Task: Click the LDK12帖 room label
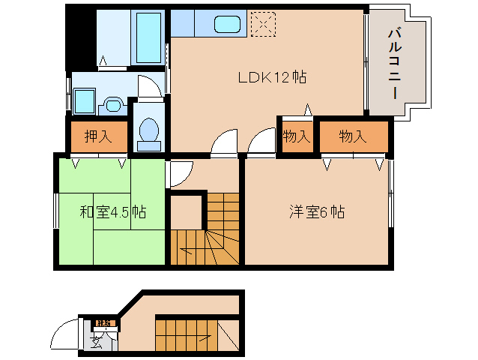coord(270,76)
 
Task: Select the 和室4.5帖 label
coord(112,212)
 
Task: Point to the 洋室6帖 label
coord(317,212)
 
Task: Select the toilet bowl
coord(149,130)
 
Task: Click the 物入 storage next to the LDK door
coord(296,136)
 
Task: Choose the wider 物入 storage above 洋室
coord(352,136)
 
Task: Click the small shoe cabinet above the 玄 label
coord(103,323)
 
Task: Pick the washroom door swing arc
coord(151,88)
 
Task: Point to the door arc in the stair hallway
coord(178,175)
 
